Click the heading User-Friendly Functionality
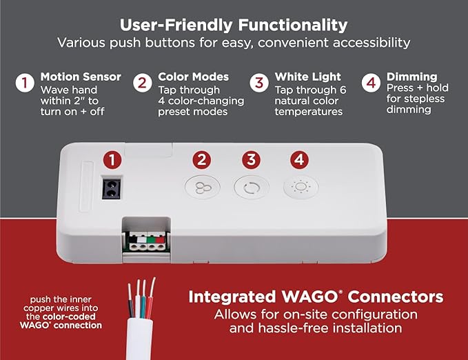tap(234, 24)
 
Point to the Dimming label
tap(411, 77)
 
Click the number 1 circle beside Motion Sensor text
tap(25, 84)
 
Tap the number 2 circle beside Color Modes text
tap(142, 84)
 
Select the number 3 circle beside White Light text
tap(259, 84)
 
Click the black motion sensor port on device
tap(109, 187)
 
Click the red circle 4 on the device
tap(298, 160)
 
